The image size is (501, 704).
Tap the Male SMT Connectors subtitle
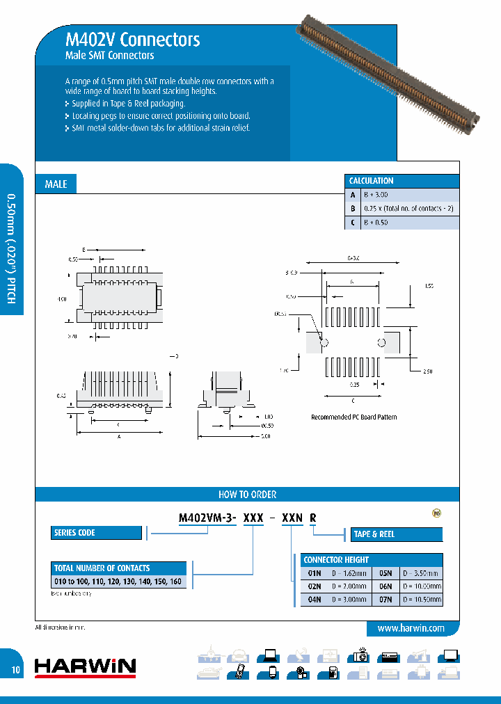click(x=109, y=56)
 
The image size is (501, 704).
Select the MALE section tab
click(x=56, y=184)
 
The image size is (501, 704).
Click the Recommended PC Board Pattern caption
click(x=353, y=417)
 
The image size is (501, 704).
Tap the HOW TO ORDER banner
click(x=247, y=495)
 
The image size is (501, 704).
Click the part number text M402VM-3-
click(x=208, y=518)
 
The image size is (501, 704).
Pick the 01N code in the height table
click(x=314, y=573)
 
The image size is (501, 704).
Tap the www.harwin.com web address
click(x=411, y=628)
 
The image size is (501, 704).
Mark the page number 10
click(x=15, y=671)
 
